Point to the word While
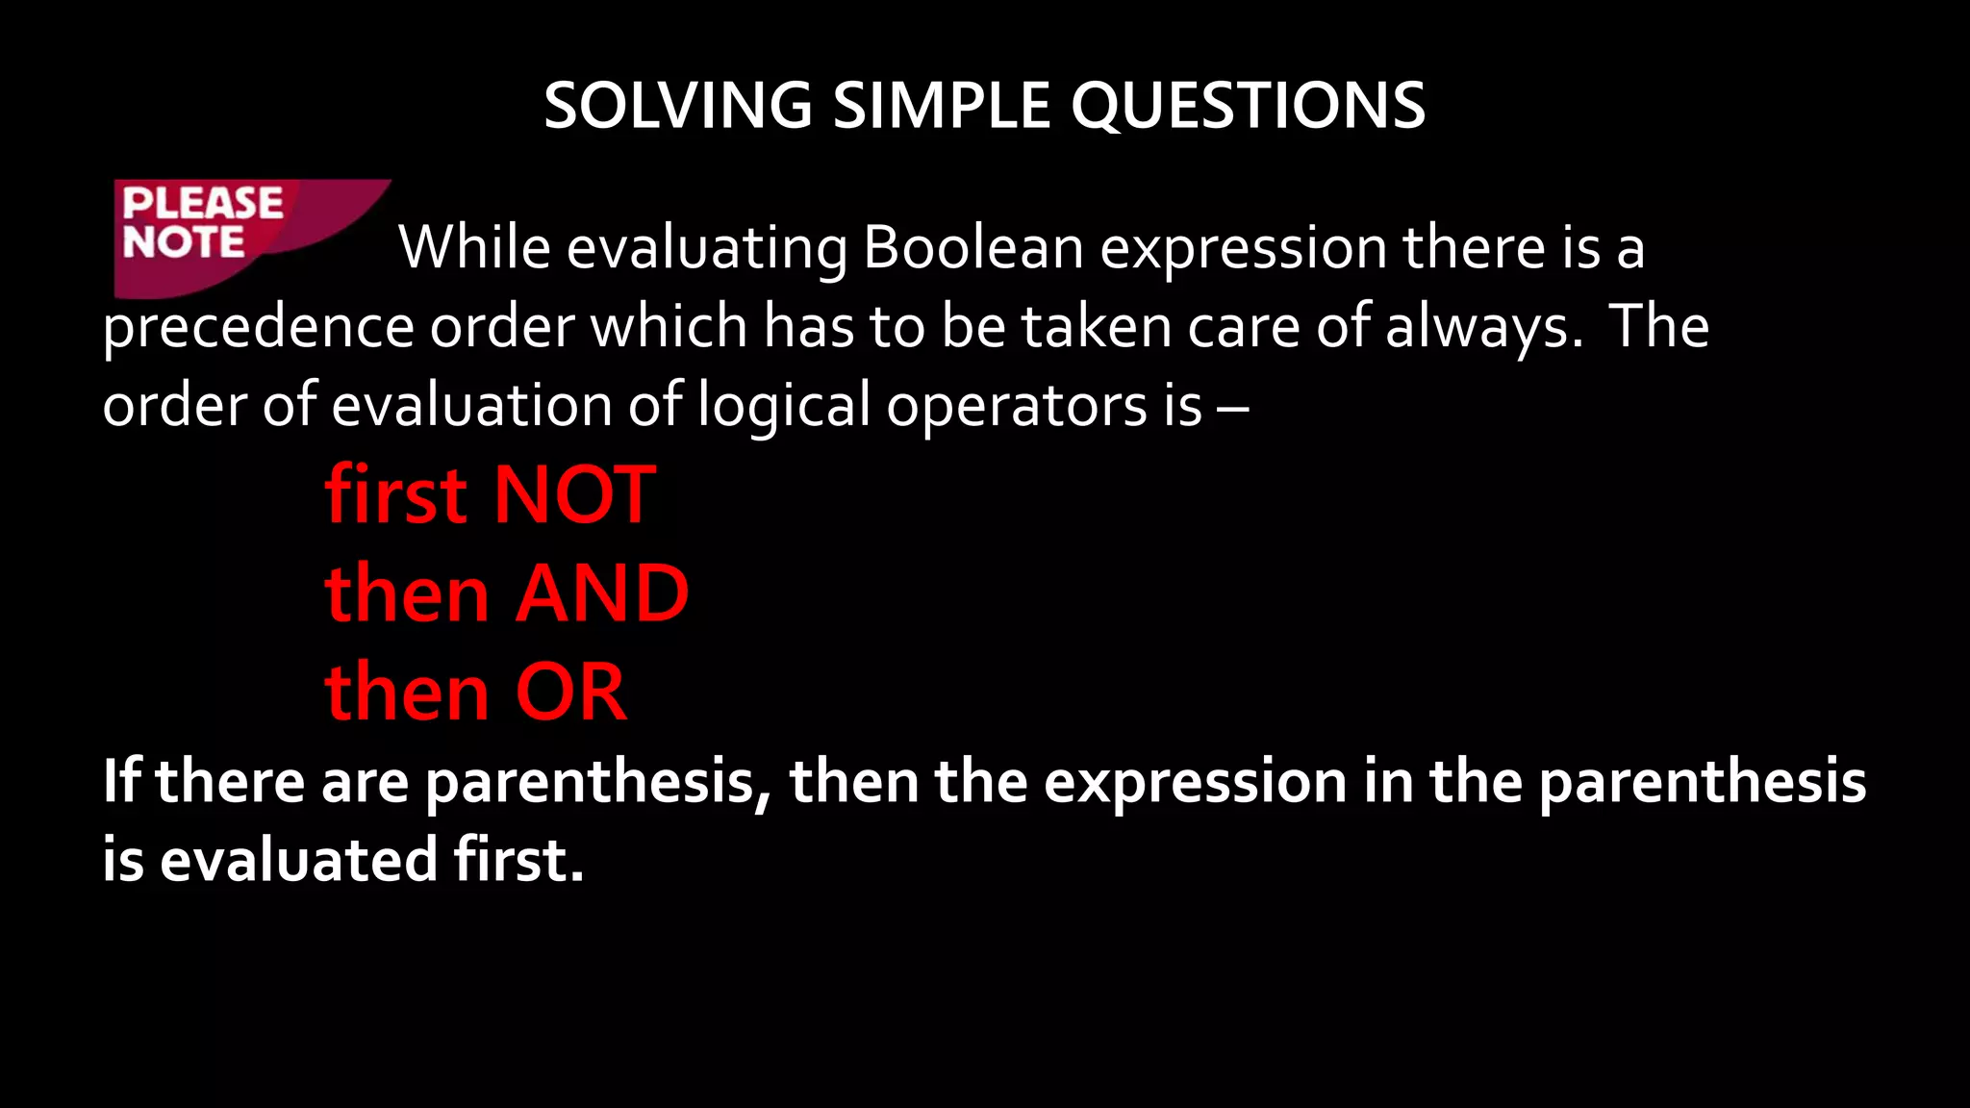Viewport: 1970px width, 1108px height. (x=474, y=247)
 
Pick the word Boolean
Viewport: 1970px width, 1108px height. (x=973, y=247)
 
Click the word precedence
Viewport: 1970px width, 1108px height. (x=258, y=327)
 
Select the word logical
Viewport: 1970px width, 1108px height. (x=783, y=405)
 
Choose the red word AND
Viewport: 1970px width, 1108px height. (x=602, y=593)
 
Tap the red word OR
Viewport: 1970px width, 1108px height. (x=570, y=692)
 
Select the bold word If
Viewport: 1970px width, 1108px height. (x=121, y=780)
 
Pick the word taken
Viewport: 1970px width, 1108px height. (x=1096, y=327)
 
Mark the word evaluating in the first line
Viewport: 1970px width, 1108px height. (x=706, y=249)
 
